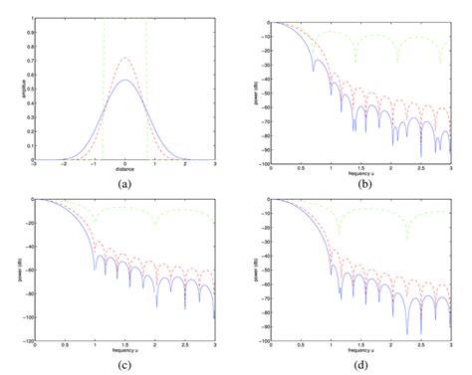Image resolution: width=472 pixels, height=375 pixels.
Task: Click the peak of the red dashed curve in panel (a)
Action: [x=124, y=58]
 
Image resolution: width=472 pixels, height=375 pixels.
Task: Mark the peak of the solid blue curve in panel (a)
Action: [x=124, y=81]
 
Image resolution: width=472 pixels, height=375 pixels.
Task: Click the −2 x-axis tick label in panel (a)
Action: [x=63, y=165]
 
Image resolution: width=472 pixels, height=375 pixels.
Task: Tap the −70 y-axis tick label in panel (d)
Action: [x=261, y=288]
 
